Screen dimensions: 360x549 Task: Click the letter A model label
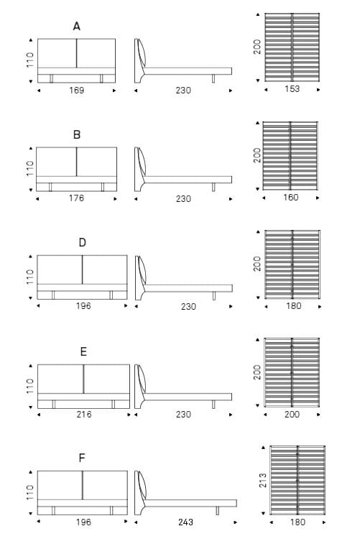coord(77,27)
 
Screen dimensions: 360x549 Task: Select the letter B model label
coord(77,134)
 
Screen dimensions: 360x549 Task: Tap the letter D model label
coord(83,242)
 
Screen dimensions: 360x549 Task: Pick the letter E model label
coord(83,351)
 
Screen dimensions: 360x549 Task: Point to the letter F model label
coord(82,458)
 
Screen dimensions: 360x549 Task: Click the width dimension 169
coord(76,91)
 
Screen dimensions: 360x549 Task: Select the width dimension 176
coord(76,198)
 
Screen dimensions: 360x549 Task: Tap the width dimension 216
coord(83,414)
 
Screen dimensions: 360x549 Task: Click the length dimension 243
coord(185,522)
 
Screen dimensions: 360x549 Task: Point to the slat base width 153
coord(292,89)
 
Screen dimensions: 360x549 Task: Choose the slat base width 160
coord(291,198)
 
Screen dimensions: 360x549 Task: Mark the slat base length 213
coord(263,480)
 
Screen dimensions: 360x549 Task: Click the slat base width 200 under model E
coord(292,414)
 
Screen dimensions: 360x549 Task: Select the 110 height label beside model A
coord(30,60)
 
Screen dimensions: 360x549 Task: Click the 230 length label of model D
coord(188,307)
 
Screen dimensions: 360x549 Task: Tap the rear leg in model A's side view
coord(213,79)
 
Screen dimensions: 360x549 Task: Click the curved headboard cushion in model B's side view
coord(142,161)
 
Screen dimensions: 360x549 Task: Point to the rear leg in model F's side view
coord(218,511)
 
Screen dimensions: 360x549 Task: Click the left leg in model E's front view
coord(54,405)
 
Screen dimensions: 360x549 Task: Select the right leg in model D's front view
coord(111,295)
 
